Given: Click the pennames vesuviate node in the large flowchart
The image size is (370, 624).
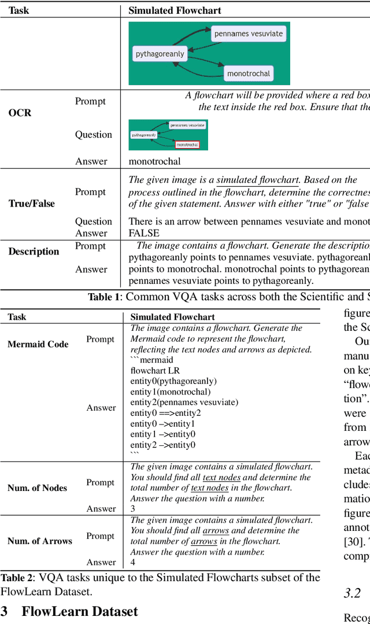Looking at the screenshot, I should point(249,34).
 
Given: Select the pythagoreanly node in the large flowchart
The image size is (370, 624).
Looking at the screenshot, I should point(160,54).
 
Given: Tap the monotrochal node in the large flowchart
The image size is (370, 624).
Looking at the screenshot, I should point(249,73).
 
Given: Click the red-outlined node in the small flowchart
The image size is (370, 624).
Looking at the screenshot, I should point(187,145).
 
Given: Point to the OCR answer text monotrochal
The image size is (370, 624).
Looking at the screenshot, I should point(154,161).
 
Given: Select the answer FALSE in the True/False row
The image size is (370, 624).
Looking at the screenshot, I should point(143,233).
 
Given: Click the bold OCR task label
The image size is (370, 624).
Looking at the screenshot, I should point(20,113).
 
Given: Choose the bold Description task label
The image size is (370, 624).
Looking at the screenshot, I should point(34,252).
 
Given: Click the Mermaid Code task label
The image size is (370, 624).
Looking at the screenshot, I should point(38,344).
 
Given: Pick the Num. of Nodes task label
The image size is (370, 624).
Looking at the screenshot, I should point(37,488).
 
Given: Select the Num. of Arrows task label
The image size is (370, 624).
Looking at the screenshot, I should point(40,541).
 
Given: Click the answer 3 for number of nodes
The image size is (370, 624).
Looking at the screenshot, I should point(133,509).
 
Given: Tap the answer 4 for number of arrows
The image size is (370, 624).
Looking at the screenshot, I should point(133,562).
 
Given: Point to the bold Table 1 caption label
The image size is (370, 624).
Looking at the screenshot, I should point(105,297).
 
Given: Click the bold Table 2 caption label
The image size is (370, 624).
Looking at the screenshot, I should point(16,577).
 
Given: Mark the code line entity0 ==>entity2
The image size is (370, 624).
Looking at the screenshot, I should point(166,412).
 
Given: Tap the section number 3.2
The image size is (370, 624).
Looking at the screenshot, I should point(351,593).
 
